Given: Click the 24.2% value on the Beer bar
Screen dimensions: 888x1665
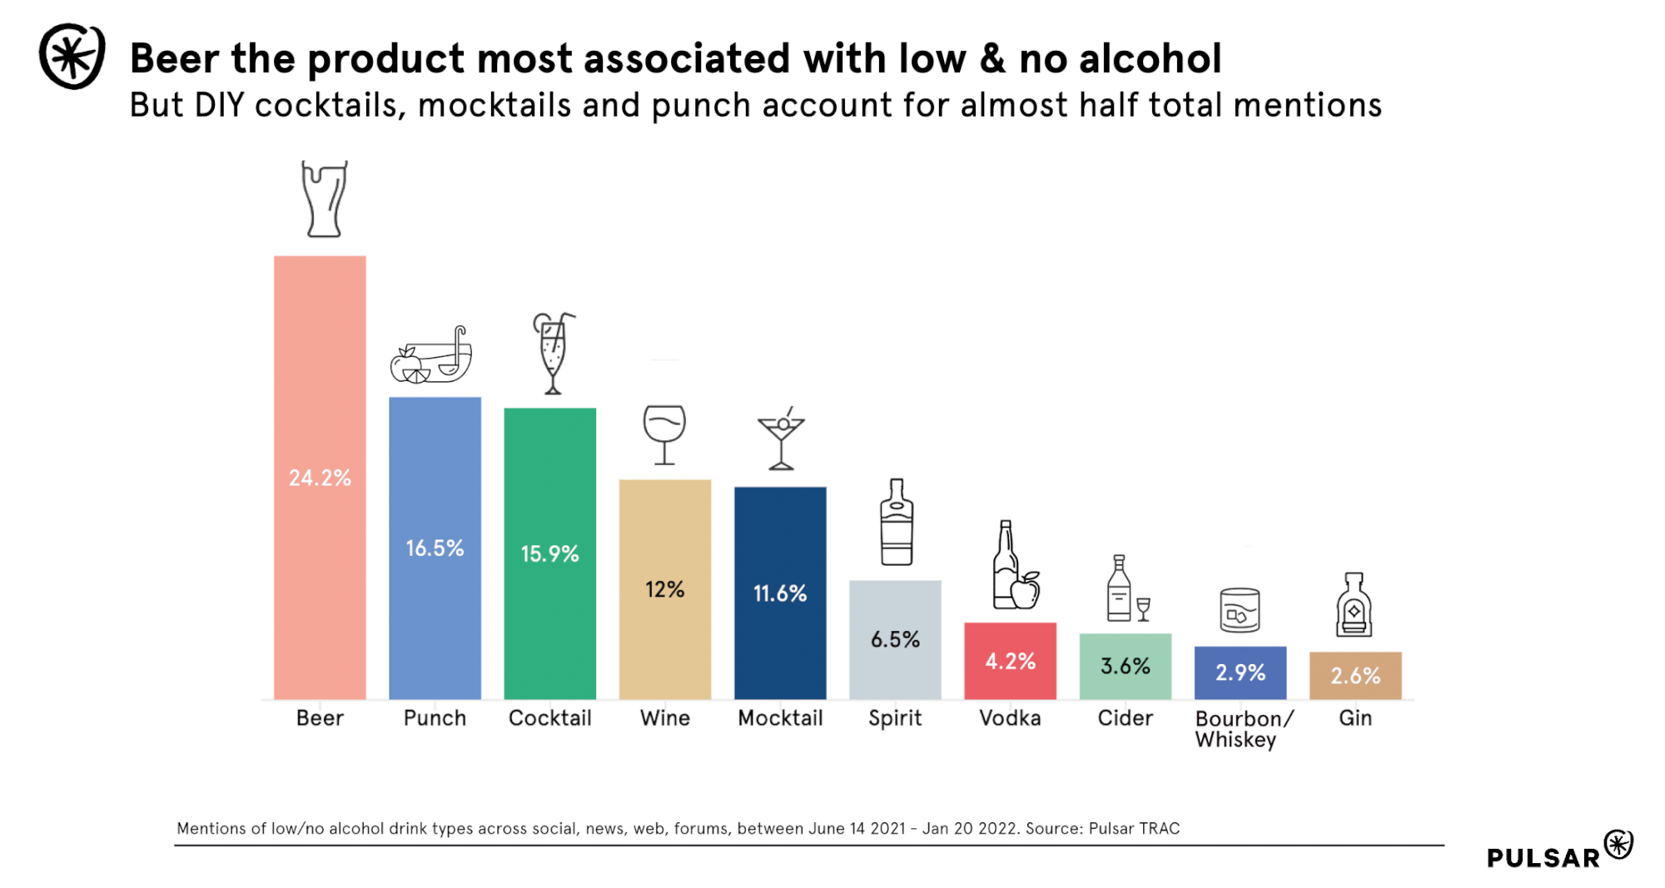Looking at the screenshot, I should click(x=320, y=478).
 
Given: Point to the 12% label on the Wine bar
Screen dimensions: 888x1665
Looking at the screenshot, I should click(x=664, y=589).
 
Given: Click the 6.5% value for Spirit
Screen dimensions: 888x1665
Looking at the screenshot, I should click(x=895, y=639).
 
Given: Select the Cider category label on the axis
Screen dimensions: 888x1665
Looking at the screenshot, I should click(x=1125, y=717).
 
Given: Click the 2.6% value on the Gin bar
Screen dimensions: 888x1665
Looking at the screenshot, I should click(x=1355, y=675).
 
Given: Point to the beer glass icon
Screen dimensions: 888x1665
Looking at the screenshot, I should click(x=324, y=200).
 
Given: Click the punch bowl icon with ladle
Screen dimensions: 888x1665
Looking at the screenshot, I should click(x=432, y=356).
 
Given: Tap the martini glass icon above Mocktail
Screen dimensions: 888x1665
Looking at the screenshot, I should click(x=781, y=439).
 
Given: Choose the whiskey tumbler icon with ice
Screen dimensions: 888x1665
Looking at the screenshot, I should click(x=1240, y=610).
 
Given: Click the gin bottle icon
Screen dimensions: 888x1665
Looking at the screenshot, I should click(x=1354, y=605).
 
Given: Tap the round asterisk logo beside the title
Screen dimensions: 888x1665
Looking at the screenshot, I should click(x=72, y=57).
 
